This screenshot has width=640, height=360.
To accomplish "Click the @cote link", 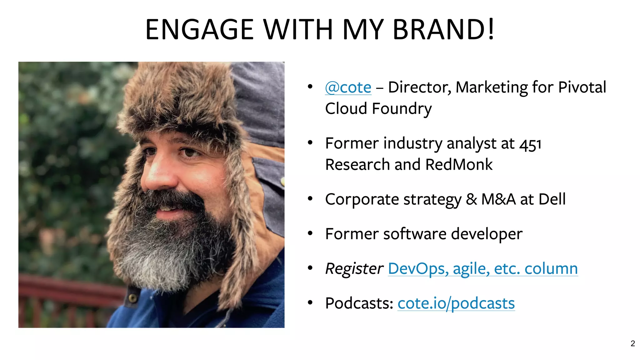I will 348,87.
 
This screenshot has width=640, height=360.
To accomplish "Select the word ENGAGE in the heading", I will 199,29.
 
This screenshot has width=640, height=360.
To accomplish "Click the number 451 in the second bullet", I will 530,144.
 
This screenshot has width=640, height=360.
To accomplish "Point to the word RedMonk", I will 459,165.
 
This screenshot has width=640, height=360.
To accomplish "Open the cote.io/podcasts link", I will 456,303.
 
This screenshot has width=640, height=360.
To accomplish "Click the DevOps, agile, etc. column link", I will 483,268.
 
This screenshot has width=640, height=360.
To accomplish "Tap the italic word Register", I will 354,268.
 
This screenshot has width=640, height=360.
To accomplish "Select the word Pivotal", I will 582,87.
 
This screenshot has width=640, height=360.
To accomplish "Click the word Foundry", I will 402,109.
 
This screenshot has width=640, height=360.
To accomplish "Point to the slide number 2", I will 633,343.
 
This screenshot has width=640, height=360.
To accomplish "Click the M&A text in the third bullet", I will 498,199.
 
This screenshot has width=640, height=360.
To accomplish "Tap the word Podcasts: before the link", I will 359,303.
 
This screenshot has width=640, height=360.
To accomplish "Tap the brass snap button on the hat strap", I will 133,298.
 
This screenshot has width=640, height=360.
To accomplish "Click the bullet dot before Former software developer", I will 310,233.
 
